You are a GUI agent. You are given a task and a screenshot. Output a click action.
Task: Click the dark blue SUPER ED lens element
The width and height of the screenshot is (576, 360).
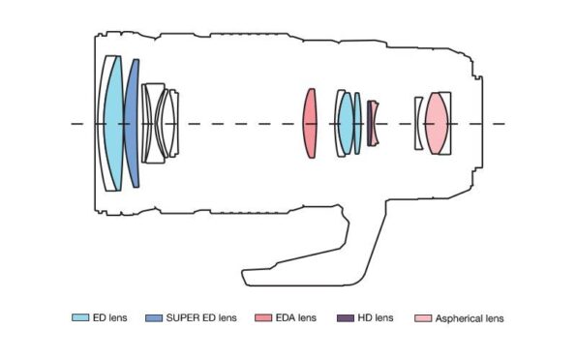point(132,123)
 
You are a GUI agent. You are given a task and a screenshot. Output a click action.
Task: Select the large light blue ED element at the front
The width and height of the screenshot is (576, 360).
point(114,123)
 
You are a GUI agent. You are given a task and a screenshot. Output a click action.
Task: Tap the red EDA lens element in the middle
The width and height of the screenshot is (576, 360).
point(310,123)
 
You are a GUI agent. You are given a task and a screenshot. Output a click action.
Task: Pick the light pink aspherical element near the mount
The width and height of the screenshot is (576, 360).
point(437,123)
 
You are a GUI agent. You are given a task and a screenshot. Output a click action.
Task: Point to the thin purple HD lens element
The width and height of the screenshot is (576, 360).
point(369,123)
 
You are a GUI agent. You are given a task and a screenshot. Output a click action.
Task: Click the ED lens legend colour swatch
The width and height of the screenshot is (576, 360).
point(80,317)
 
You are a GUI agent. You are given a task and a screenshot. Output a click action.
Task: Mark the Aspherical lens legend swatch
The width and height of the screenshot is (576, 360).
point(420,317)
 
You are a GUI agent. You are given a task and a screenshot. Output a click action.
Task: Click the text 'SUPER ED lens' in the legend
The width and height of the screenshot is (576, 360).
point(200,317)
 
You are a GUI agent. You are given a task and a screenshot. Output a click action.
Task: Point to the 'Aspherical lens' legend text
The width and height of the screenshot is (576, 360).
point(470,317)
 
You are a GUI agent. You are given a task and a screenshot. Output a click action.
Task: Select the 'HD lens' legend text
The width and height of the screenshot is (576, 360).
point(376,317)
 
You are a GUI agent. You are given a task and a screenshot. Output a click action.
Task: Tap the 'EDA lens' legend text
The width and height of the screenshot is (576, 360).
point(294,317)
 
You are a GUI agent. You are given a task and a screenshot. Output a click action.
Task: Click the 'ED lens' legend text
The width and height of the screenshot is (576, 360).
point(110,317)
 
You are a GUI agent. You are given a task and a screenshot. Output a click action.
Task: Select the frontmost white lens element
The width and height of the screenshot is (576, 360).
point(104,123)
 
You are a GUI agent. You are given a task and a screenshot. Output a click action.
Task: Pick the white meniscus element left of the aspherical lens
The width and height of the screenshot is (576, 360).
point(418,123)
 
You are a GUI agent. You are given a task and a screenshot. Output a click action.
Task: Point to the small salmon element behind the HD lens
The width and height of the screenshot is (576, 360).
point(375,123)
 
